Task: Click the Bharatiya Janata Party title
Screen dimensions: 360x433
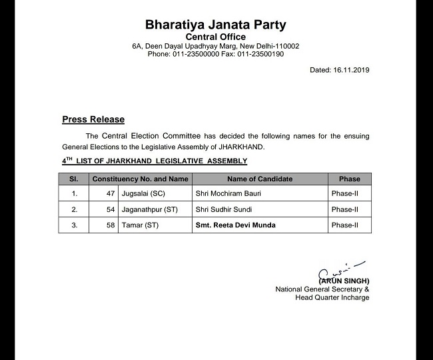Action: [x=216, y=25]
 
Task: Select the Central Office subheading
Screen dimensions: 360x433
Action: [x=215, y=37]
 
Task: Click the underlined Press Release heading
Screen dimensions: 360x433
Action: [x=93, y=119]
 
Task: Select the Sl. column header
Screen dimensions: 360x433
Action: [x=74, y=179]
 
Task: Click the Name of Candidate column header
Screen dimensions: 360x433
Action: [x=260, y=179]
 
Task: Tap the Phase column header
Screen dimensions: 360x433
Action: [x=349, y=179]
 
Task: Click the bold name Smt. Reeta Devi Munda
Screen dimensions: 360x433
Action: [x=235, y=225]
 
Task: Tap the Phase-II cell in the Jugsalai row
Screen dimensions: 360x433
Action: [x=344, y=193]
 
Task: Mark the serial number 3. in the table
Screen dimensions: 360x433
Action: [x=75, y=225]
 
